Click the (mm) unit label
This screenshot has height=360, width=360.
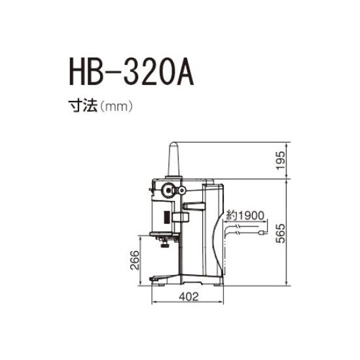tap(115, 106)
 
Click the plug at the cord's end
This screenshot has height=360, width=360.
tap(262, 232)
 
